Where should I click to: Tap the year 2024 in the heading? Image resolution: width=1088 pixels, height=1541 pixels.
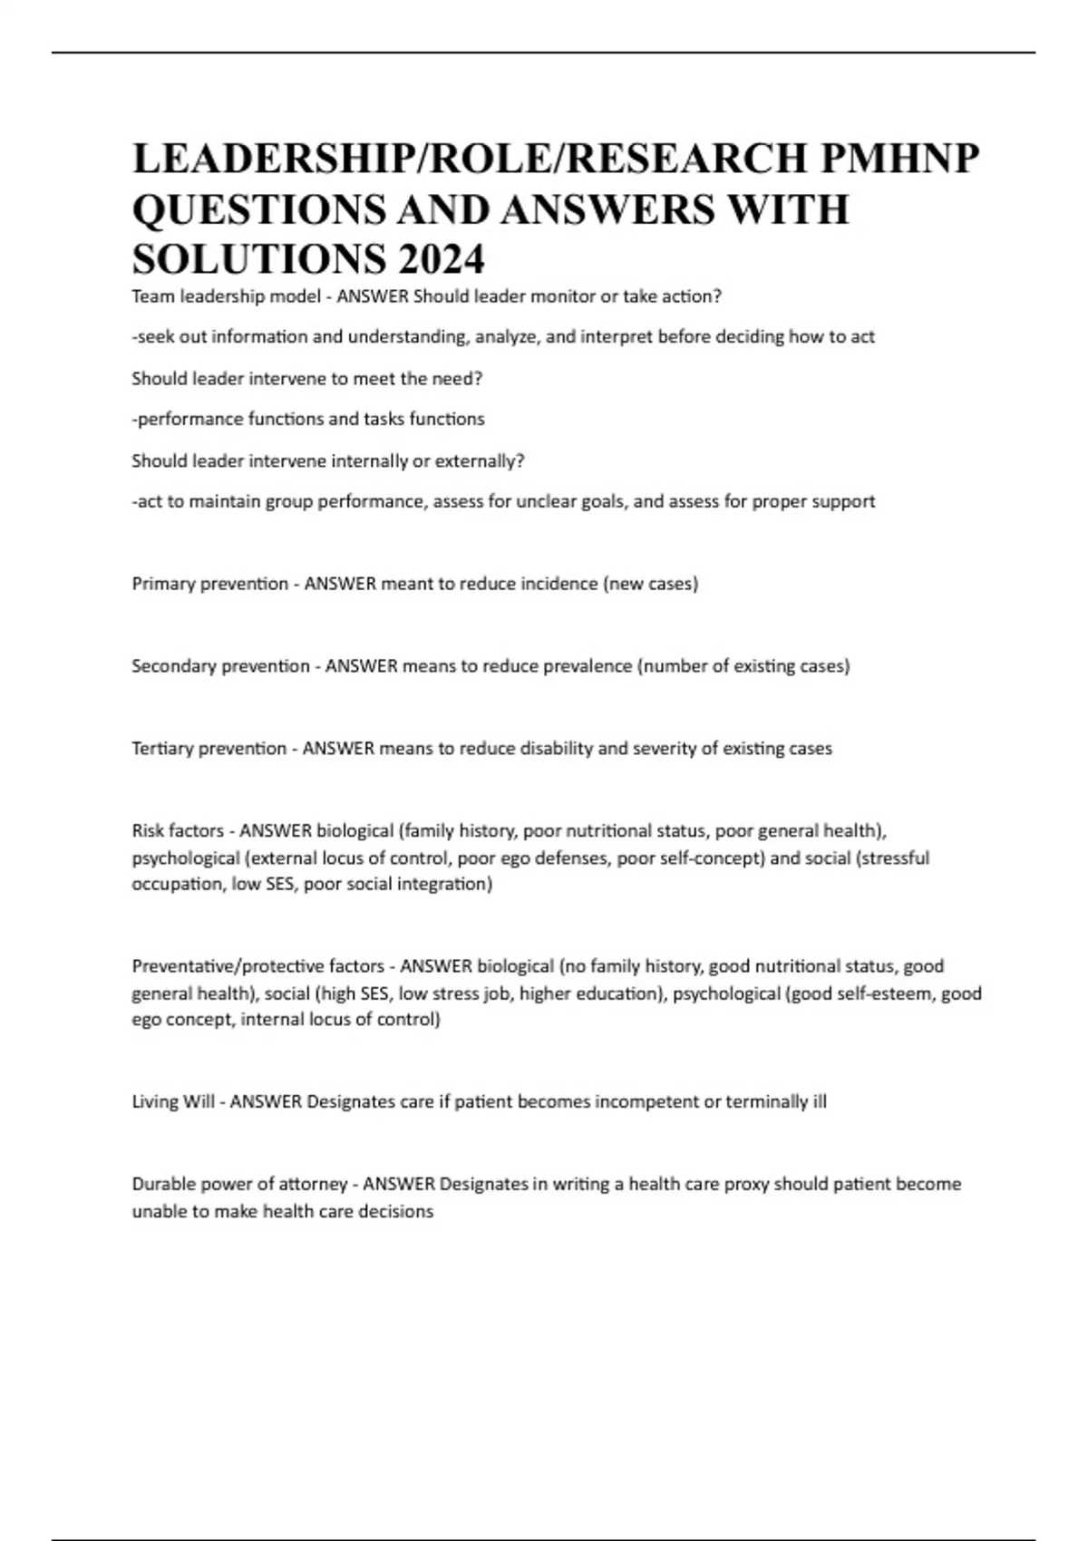441,260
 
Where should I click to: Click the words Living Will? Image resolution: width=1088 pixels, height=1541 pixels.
173,1102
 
